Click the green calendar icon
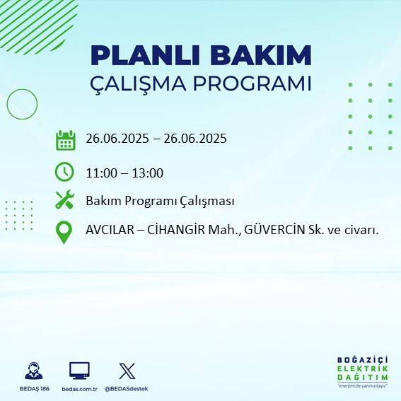click(65, 139)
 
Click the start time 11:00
click(100, 173)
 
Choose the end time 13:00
click(149, 173)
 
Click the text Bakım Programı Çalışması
click(160, 202)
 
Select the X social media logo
click(127, 371)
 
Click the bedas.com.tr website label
click(80, 389)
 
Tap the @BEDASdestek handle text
click(127, 389)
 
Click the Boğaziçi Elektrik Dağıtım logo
click(361, 371)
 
